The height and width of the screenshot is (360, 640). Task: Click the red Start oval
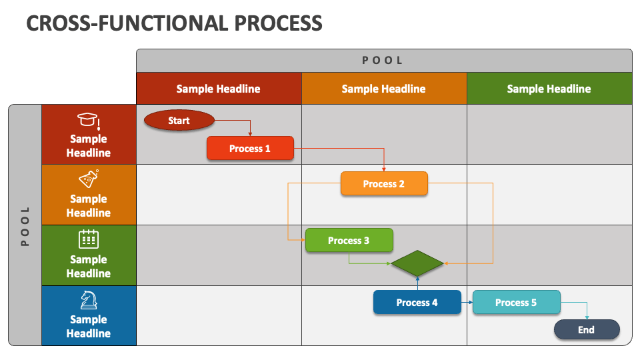point(179,121)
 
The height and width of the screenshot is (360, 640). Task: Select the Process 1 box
point(250,148)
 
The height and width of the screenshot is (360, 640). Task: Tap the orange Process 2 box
point(384,183)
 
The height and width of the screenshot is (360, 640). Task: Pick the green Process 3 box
point(349,240)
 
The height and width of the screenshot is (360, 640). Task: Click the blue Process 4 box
point(417,302)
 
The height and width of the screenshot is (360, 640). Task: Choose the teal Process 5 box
point(516,302)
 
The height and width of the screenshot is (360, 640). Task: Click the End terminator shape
point(586,329)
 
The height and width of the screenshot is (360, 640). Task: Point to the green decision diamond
point(417,263)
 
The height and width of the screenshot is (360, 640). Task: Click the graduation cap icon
point(88,121)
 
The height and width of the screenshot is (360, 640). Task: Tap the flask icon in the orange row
point(88,179)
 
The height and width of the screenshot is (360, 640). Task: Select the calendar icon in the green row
point(88,239)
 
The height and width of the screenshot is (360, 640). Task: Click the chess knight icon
point(88,299)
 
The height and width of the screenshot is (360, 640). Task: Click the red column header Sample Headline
point(218,89)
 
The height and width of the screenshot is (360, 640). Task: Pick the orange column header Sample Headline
point(383,89)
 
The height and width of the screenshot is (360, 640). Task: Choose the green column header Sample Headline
point(549,89)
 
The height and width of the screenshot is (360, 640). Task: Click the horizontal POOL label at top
point(383,60)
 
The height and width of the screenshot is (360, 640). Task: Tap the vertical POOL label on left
point(25,225)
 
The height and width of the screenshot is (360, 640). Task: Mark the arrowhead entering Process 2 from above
point(384,169)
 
